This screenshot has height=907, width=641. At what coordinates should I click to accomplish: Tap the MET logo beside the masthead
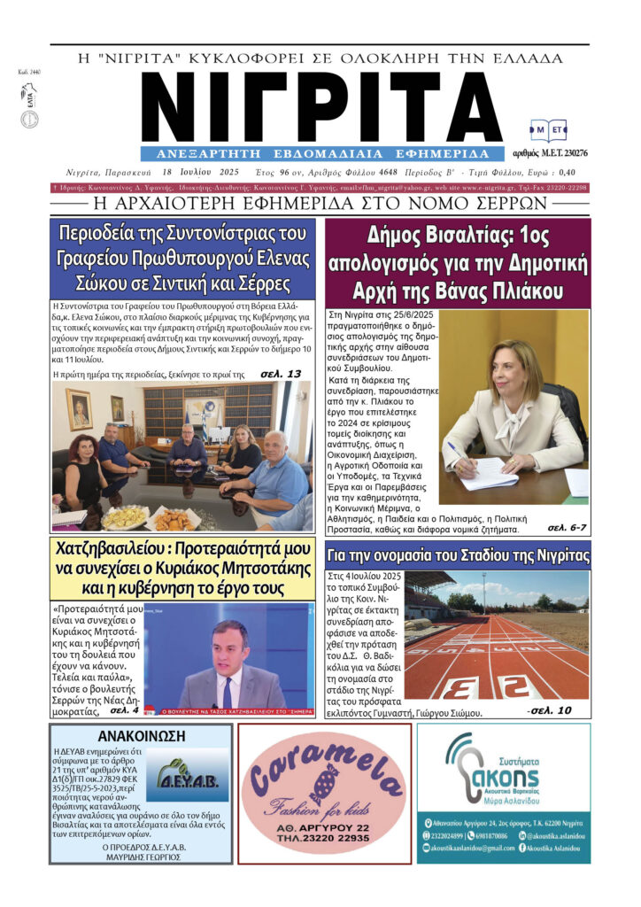[x=549, y=131]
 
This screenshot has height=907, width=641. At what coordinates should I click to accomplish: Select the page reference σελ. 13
[x=281, y=374]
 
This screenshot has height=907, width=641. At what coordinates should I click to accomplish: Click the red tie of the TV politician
[x=228, y=690]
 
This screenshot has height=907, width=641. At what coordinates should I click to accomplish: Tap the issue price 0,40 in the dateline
[x=567, y=173]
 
